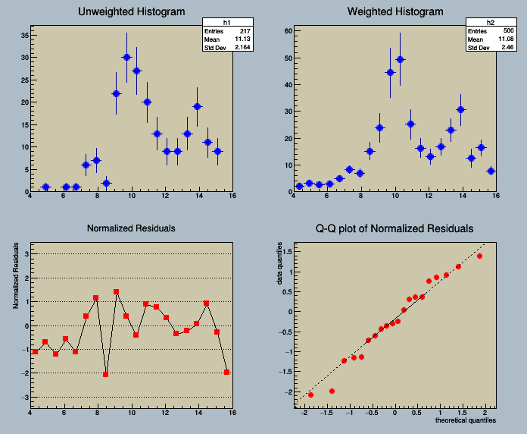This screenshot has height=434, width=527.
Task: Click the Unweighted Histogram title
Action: pos(132,12)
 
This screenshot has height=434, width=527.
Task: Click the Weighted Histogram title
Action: pos(395,12)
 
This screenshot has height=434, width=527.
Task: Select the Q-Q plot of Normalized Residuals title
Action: pos(394,228)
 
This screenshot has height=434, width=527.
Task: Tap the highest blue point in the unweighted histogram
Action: pos(126,57)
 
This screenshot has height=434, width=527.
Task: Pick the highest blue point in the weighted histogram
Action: pos(401,59)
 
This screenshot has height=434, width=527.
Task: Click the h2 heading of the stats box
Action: pos(490,22)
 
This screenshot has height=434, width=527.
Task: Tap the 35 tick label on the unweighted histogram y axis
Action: pos(24,35)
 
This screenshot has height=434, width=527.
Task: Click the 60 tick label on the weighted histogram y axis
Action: pos(288,31)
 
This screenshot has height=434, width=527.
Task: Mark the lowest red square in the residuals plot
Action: pos(106,374)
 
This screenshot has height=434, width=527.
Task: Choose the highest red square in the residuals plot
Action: pos(116,291)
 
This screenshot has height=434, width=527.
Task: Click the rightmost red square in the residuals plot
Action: pos(227,373)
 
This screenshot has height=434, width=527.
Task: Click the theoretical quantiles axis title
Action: pos(466,420)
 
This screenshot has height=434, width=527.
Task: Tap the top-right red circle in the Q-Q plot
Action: pos(479,256)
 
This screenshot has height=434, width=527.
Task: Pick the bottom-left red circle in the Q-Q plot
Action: pos(310,395)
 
